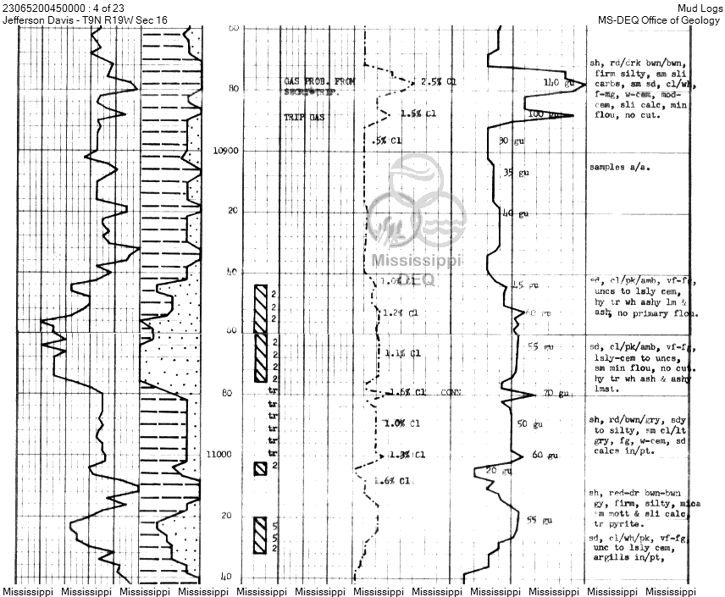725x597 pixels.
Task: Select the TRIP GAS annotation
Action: (x=303, y=117)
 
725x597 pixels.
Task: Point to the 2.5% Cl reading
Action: (x=440, y=82)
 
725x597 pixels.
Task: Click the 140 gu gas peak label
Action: (x=560, y=82)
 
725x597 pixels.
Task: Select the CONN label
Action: (x=451, y=392)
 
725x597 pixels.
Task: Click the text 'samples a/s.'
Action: (x=620, y=167)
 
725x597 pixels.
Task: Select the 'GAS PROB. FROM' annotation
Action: (x=319, y=80)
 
